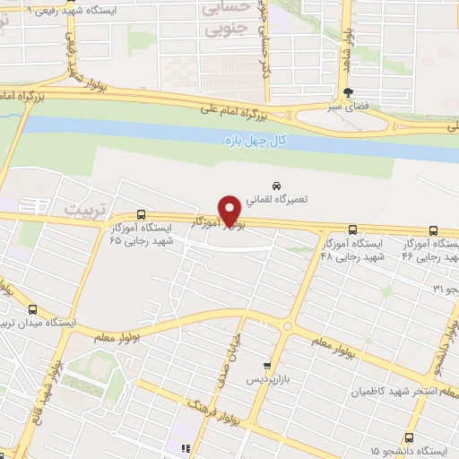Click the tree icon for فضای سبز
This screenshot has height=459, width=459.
pyautogui.click(x=348, y=92)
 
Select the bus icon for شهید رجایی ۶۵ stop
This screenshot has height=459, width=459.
pyautogui.click(x=141, y=214)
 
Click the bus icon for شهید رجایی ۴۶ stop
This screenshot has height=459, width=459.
pyautogui.click(x=433, y=229)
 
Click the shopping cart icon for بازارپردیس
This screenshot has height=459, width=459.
pyautogui.click(x=266, y=366)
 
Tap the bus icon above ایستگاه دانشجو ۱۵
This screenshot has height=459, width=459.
pyautogui.click(x=409, y=438)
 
